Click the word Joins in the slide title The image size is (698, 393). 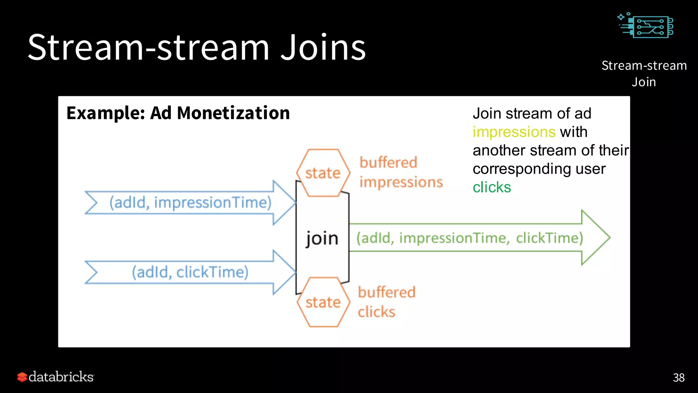323,48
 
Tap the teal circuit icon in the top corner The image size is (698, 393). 646,26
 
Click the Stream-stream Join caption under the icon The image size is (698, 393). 644,73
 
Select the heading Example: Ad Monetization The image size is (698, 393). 178,113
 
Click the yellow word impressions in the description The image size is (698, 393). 514,132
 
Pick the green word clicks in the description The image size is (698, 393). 491,187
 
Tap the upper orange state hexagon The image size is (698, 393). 323,173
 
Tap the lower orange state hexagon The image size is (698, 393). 323,302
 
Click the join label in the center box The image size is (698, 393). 322,238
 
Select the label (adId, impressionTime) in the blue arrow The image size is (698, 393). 190,203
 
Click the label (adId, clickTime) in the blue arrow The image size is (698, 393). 190,272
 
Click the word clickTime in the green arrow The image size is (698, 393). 549,238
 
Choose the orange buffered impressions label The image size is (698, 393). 401,172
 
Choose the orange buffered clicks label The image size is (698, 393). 386,302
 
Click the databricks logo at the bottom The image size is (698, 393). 56,377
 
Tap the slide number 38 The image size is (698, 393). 678,378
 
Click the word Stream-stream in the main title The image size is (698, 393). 148,48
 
